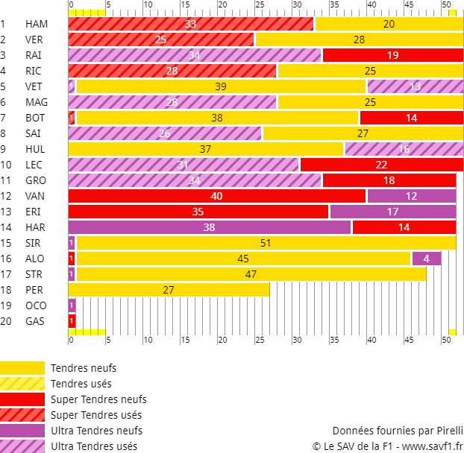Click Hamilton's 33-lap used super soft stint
tap(191, 24)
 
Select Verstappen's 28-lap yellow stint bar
tap(360, 39)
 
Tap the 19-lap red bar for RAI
tap(393, 55)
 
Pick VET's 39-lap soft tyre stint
tap(221, 86)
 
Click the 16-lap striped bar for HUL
tap(404, 149)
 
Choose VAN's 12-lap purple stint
tap(412, 196)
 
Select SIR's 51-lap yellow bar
tap(266, 243)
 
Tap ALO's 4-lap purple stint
tap(427, 259)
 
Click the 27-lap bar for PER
tap(169, 290)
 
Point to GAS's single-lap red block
tap(72, 321)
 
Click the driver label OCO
tap(36, 305)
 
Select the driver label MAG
tap(37, 102)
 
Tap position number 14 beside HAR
tap(6, 227)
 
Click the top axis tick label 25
tap(260, 4)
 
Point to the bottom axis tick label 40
tap(371, 340)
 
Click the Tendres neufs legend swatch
tap(22, 368)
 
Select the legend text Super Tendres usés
tap(96, 415)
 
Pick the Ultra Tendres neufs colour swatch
tap(22, 431)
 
